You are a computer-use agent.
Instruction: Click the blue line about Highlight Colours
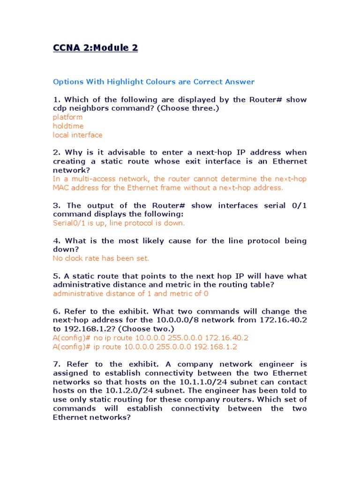tap(154, 82)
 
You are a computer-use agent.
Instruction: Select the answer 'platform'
tap(68, 117)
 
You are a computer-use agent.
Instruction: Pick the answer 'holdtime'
tap(68, 126)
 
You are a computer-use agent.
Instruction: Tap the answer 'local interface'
tap(77, 135)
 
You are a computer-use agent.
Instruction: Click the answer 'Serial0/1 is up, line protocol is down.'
tap(119, 223)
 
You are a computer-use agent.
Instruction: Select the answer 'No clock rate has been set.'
tap(101, 258)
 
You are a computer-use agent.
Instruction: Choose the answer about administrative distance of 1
tap(131, 294)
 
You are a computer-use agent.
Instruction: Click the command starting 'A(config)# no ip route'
tap(150, 338)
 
